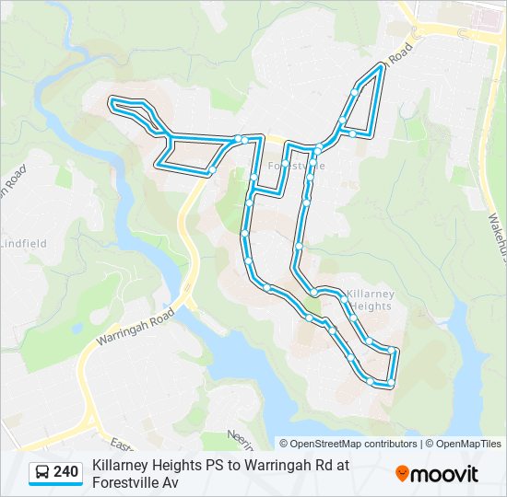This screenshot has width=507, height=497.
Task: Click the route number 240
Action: tap(65, 472)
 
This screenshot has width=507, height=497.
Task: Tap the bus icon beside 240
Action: tap(42, 472)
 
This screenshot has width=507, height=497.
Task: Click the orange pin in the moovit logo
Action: tap(402, 474)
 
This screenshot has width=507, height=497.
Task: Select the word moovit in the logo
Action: tap(444, 474)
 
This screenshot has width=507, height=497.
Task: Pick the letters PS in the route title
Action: tap(214, 465)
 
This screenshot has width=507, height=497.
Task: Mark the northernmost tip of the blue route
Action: tap(381, 66)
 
